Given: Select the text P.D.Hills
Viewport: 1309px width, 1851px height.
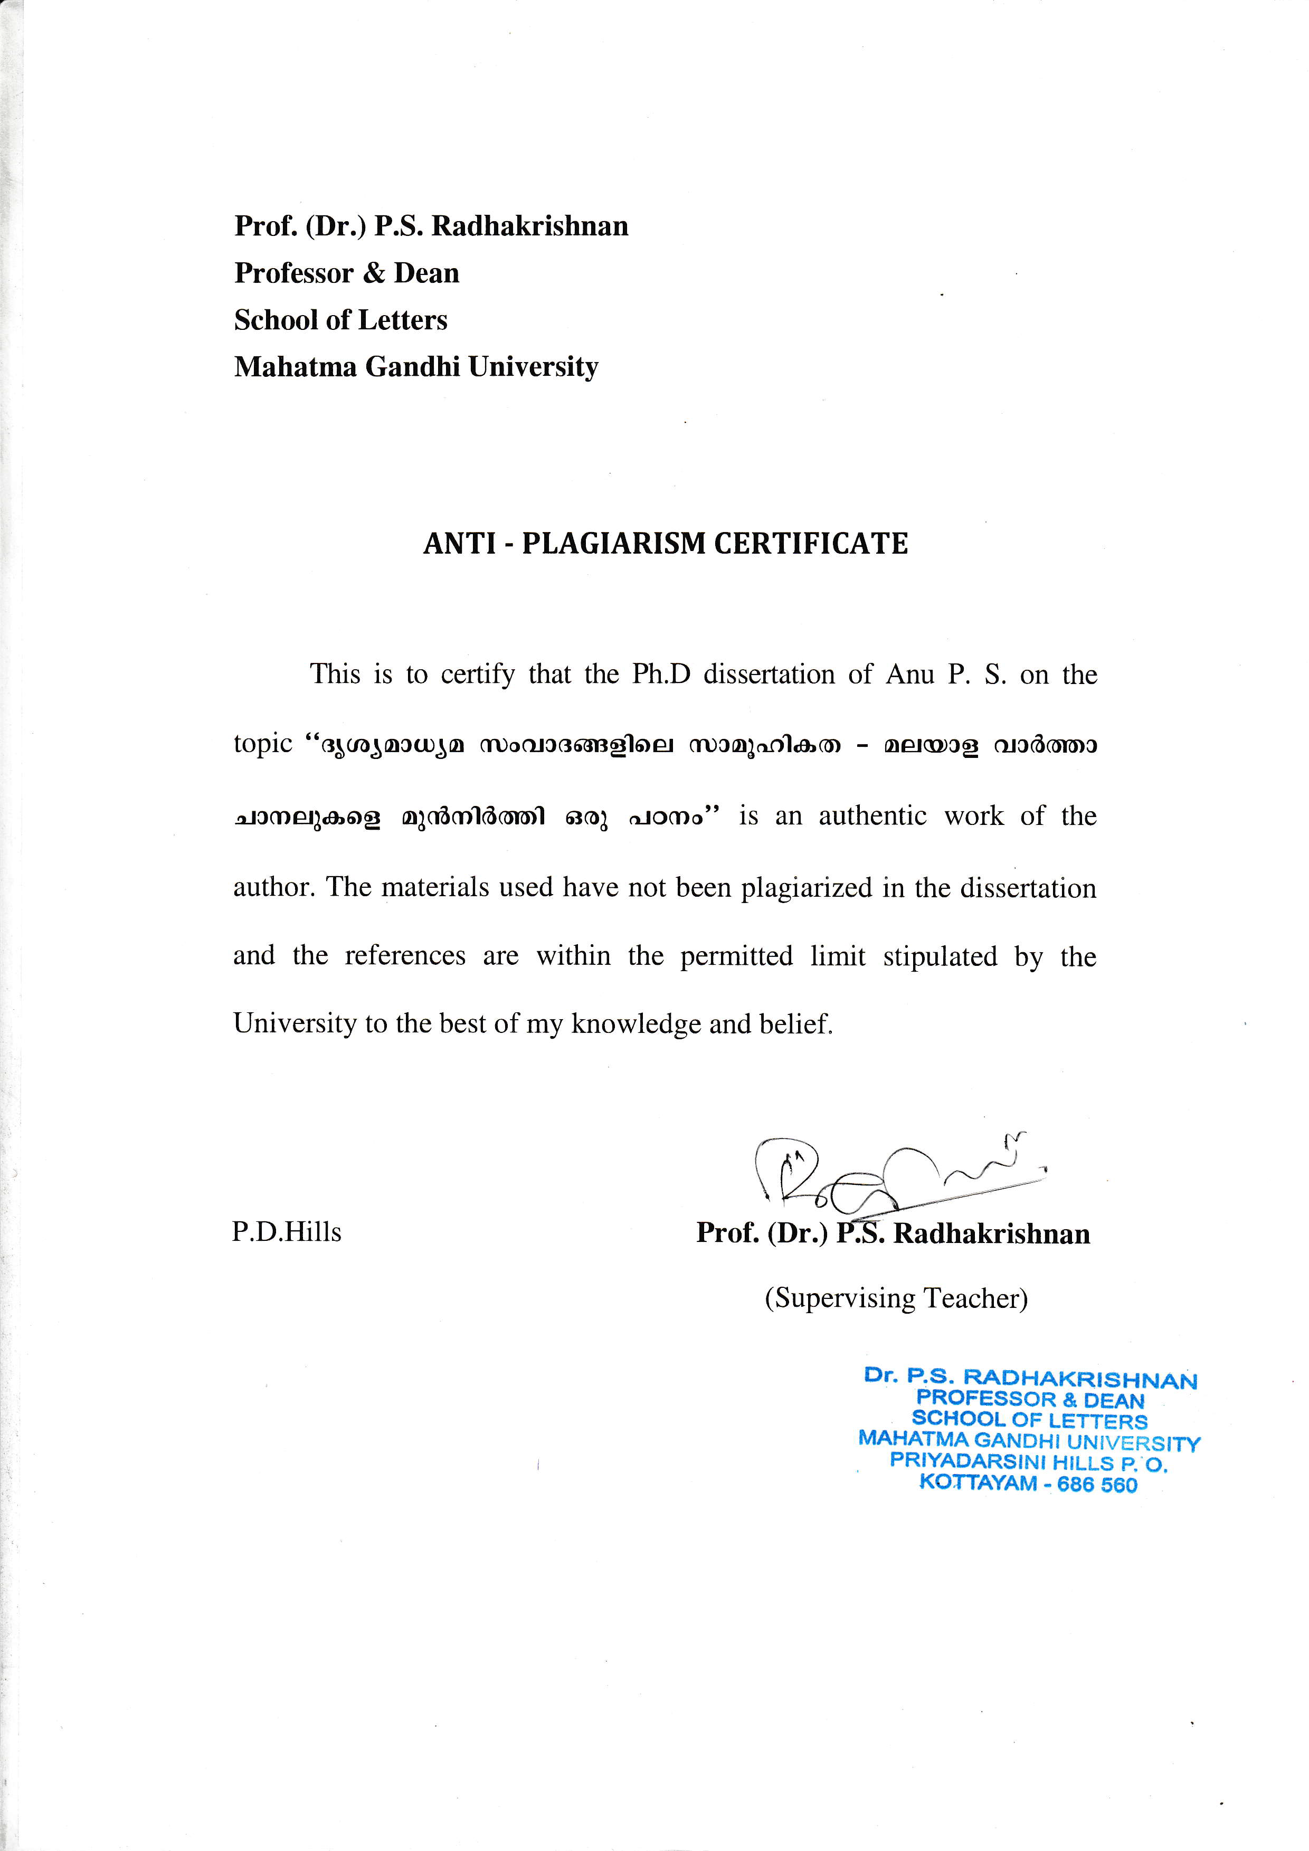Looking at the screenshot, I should (287, 1232).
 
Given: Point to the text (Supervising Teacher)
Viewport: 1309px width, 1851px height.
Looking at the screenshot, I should (896, 1298).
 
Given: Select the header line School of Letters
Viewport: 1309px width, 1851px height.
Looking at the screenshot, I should (340, 320).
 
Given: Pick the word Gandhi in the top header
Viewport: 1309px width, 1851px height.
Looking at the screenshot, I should (413, 367).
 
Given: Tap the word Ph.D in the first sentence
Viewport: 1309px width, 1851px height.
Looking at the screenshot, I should (661, 674).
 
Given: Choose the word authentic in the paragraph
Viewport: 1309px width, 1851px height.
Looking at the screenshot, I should (873, 816).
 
